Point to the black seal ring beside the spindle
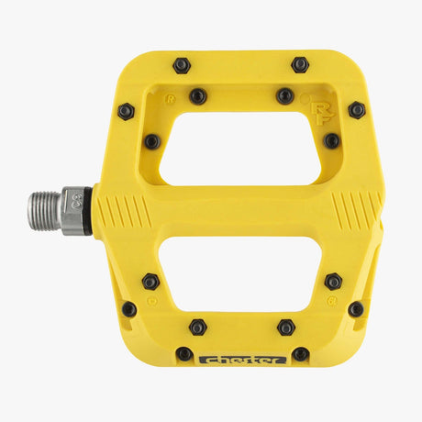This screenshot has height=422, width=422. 89,211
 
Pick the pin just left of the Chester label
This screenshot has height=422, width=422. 184,353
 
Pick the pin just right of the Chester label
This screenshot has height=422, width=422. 300,353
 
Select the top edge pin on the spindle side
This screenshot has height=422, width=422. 182,65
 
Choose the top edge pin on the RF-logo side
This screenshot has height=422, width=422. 300,64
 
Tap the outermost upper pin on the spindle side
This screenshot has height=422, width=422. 126,111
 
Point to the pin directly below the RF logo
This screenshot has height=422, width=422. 331,141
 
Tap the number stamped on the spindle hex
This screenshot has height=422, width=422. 74,197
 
